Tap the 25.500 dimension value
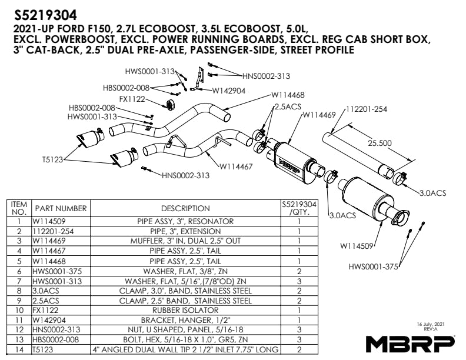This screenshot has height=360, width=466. pos(381,142)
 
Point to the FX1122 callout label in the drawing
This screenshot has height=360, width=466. pos(132,99)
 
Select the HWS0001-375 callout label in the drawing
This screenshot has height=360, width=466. pos(374,266)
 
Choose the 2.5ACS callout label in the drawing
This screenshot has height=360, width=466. pos(288,106)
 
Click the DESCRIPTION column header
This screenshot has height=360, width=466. pos(185,208)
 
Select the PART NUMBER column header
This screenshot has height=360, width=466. pos(61,208)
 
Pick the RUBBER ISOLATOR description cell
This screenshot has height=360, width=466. pos(185,309)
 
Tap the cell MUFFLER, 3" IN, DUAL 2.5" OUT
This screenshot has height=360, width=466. pos(185,241)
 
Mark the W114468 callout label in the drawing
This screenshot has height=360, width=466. pos(288,95)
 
